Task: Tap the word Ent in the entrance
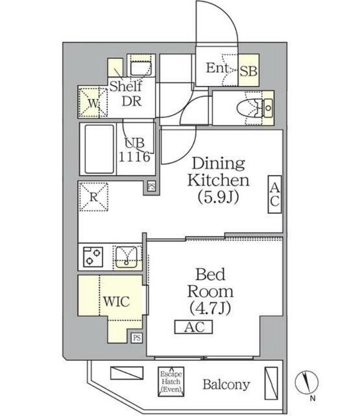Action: tap(217, 68)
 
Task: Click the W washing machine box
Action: tap(93, 103)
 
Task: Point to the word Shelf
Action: tap(125, 87)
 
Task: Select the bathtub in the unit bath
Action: tap(100, 149)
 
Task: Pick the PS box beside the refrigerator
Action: tap(151, 186)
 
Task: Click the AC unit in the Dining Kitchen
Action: tap(274, 194)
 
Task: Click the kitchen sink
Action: tap(127, 255)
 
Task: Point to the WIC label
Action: tap(116, 301)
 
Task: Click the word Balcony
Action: tap(226, 385)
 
